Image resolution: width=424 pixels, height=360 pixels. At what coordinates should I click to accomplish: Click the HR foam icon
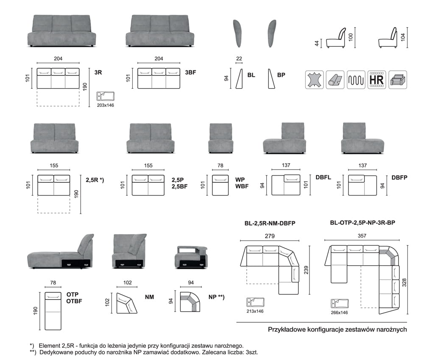(x=377, y=79)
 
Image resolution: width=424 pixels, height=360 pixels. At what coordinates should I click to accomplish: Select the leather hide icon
(x=314, y=79)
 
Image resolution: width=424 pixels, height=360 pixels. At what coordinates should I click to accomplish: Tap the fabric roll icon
(x=335, y=79)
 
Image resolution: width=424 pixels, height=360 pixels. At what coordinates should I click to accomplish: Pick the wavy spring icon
(x=356, y=79)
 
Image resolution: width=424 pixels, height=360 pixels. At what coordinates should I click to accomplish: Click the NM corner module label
(x=149, y=297)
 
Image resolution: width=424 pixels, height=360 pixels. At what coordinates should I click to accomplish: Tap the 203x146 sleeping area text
(x=106, y=105)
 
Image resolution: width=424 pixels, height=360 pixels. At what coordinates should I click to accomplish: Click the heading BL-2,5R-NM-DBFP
(x=270, y=223)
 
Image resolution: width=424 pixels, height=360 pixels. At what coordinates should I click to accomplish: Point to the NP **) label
(x=216, y=297)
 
